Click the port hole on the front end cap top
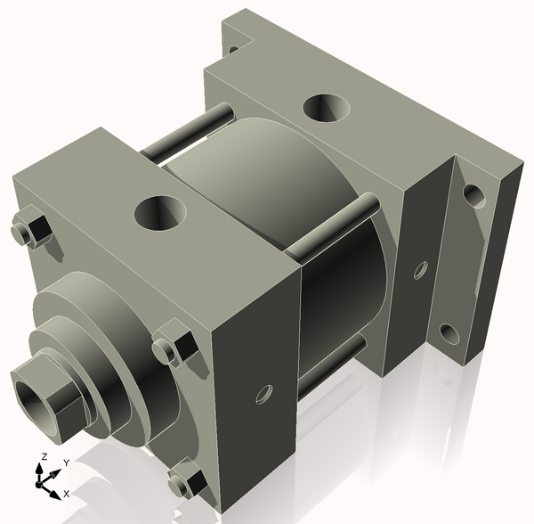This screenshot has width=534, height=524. click(x=161, y=214)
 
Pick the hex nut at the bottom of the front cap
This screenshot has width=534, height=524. click(x=189, y=480)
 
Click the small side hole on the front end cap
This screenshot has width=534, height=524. click(x=263, y=392)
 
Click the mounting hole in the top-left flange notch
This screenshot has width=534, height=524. click(x=234, y=51)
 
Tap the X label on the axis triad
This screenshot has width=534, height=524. click(x=67, y=493)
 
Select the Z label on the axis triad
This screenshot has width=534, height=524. click(x=42, y=456)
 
